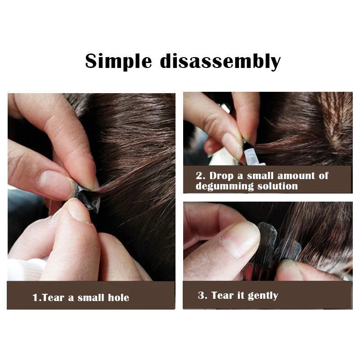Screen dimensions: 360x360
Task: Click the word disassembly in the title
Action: [x=220, y=61]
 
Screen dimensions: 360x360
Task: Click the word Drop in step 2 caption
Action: [x=222, y=175]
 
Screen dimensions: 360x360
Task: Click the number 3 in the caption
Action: [x=201, y=296]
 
